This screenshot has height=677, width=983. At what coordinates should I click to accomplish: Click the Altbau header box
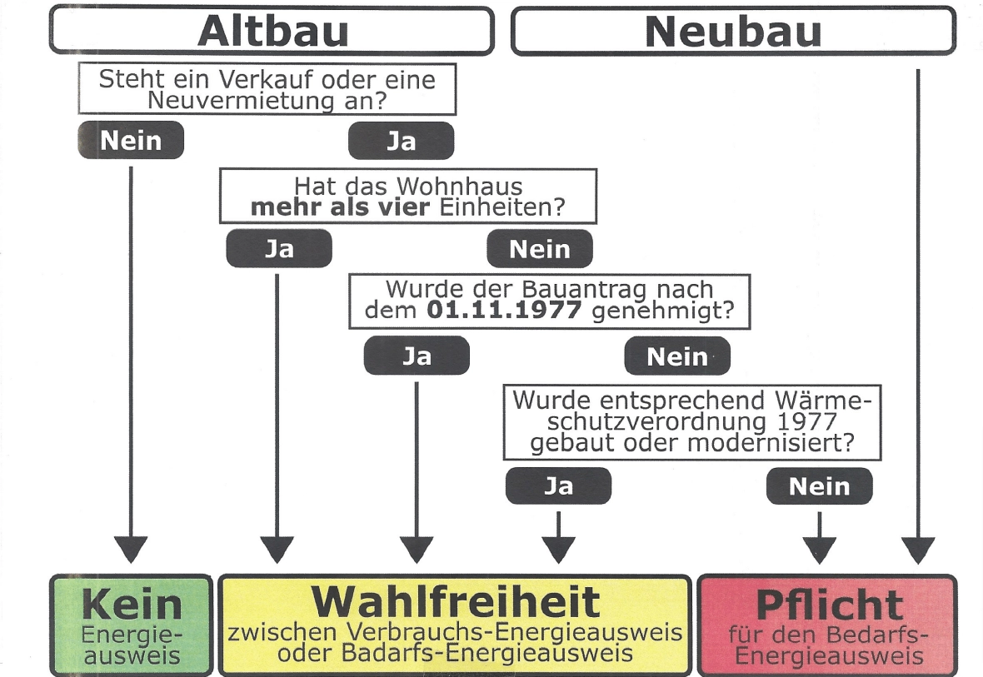point(272,31)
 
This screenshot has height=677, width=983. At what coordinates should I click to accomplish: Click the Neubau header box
point(733,31)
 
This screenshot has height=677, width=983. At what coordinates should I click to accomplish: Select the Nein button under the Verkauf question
point(131,140)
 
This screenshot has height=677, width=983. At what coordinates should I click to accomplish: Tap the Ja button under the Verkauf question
point(401,140)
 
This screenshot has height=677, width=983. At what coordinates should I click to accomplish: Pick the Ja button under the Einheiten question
point(279,248)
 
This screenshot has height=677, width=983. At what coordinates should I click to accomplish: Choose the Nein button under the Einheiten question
point(540,248)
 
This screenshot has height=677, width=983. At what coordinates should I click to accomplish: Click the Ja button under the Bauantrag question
point(417,356)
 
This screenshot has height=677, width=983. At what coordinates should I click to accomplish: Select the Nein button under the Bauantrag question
point(677,356)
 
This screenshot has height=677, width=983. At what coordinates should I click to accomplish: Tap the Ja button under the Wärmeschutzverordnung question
point(558,485)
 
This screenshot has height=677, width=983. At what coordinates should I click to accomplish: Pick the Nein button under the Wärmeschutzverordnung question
point(819,485)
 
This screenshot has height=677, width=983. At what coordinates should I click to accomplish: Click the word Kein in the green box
point(132,604)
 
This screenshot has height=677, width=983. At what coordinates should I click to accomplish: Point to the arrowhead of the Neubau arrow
point(918,550)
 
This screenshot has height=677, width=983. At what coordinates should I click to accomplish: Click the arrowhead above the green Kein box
point(131,550)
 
